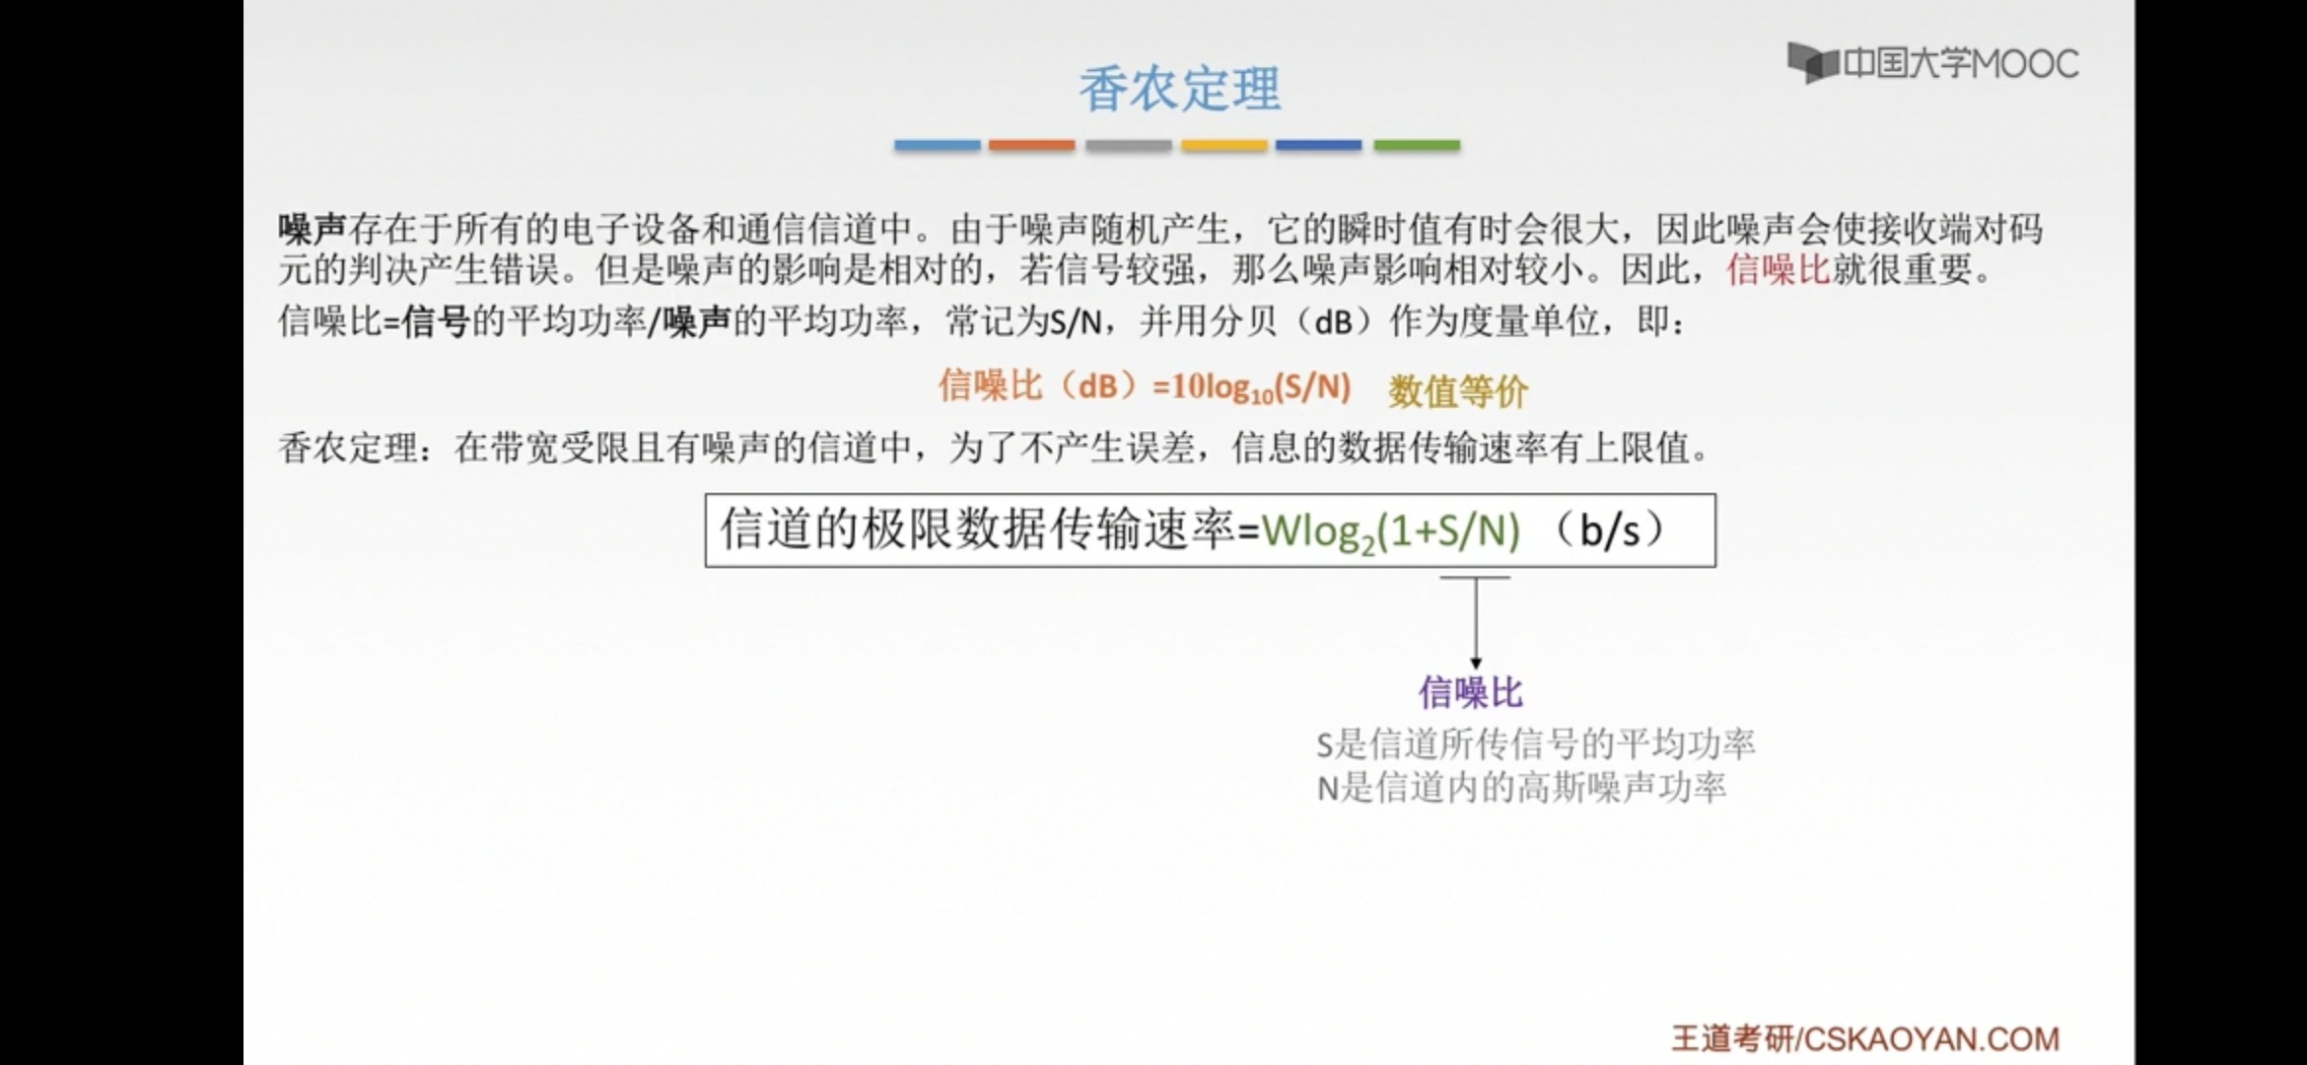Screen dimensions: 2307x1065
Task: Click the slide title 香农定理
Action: [1179, 89]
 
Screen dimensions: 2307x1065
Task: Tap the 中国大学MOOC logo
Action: [1933, 63]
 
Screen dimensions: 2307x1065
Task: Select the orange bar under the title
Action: [1031, 145]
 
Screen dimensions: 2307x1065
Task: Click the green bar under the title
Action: [1417, 145]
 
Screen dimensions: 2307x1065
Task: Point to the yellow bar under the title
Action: [1224, 145]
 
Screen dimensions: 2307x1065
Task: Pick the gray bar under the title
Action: [1128, 145]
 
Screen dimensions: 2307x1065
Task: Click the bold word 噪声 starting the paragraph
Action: [312, 229]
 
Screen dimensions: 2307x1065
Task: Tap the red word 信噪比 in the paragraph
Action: [1778, 269]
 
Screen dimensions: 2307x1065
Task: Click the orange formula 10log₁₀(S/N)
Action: [1252, 387]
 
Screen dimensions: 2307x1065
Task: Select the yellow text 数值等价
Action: [1458, 391]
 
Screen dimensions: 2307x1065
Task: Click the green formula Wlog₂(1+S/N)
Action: [1391, 532]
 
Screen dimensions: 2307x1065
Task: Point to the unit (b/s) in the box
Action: [1609, 531]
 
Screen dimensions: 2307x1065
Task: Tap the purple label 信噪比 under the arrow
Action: [1471, 692]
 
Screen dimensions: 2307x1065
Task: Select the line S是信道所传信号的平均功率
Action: [1535, 744]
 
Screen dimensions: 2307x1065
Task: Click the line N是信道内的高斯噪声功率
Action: [1521, 787]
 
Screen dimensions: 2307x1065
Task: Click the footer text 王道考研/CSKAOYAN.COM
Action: [1865, 1038]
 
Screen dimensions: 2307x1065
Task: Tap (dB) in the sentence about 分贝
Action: [1333, 320]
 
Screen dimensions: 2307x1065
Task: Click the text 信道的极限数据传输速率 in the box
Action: [977, 530]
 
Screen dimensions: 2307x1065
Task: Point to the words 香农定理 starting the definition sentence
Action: [348, 449]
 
